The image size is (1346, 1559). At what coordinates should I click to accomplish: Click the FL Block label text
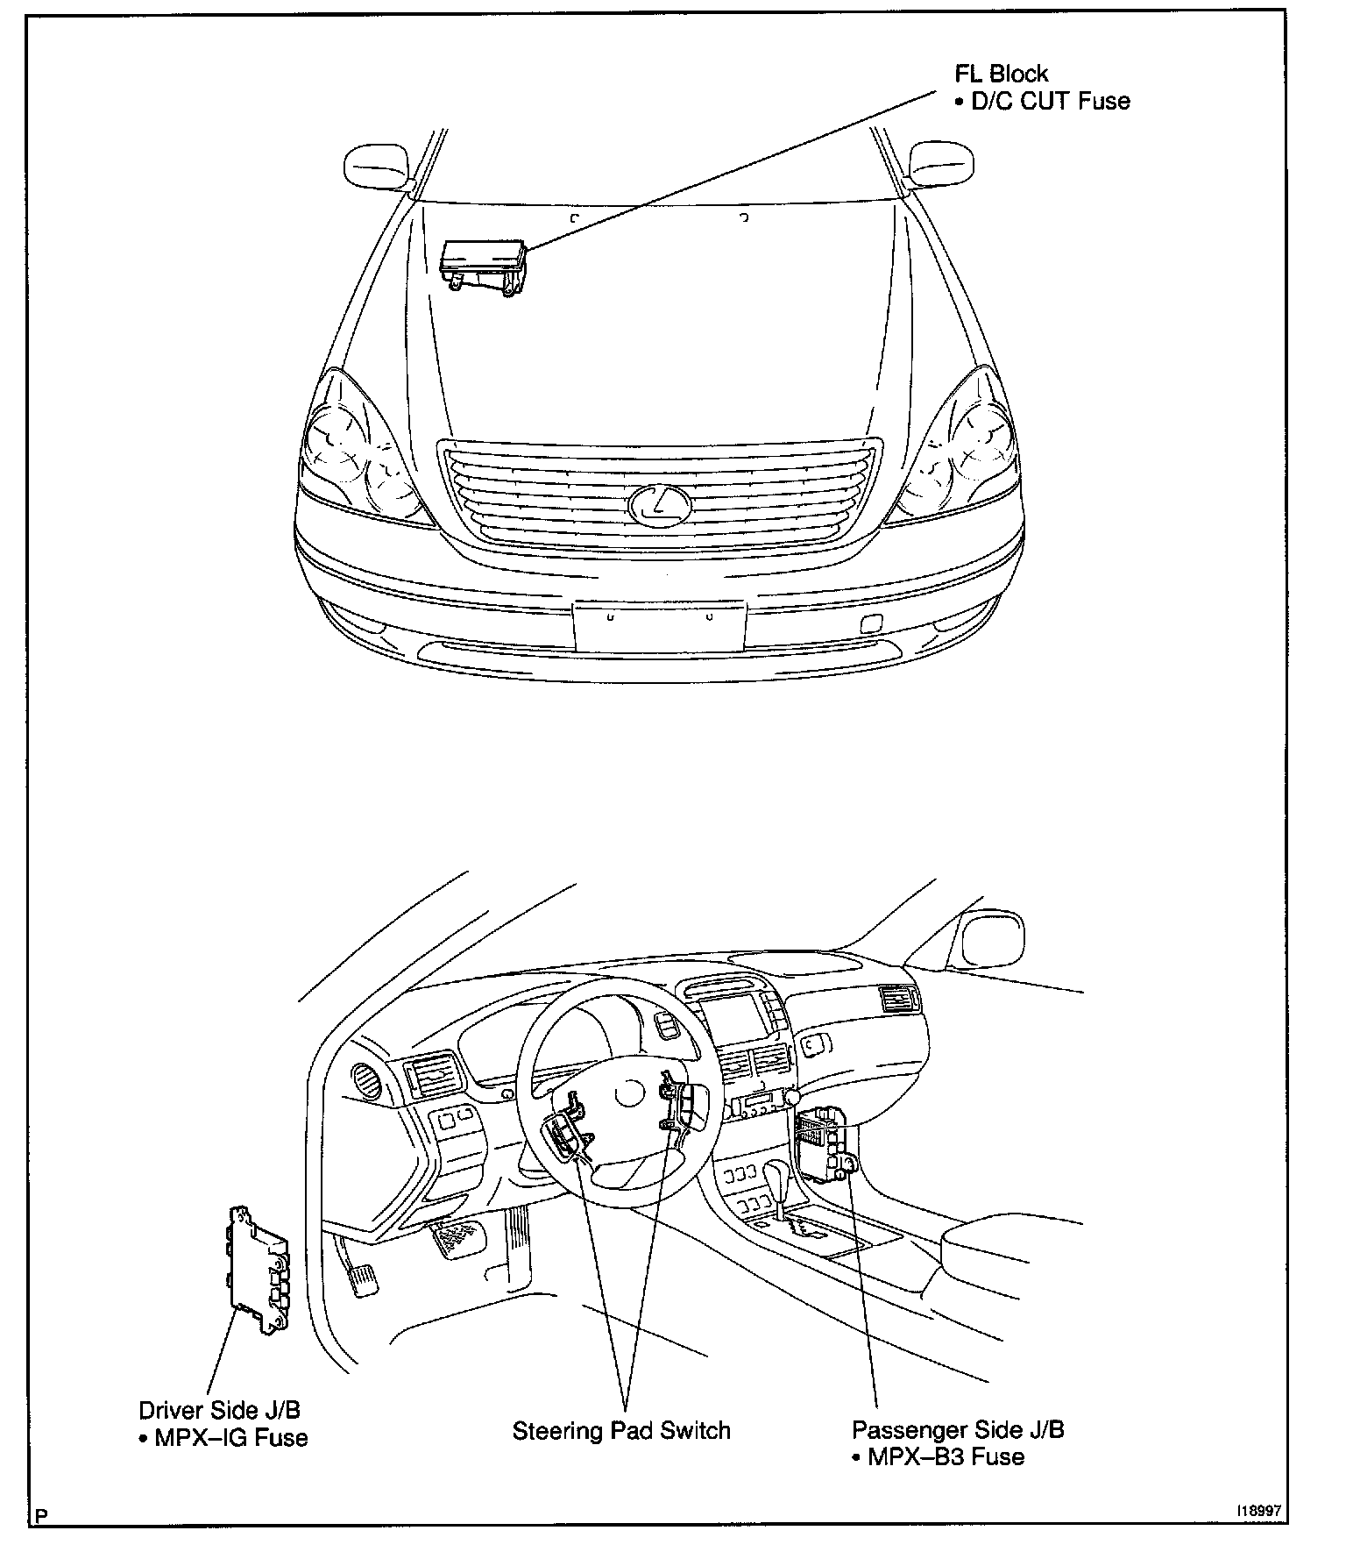pyautogui.click(x=1001, y=75)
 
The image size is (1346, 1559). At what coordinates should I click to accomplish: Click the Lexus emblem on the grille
pyautogui.click(x=659, y=505)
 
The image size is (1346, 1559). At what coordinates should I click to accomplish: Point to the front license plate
pyautogui.click(x=659, y=625)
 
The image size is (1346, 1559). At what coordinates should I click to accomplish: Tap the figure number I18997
pyautogui.click(x=1259, y=1512)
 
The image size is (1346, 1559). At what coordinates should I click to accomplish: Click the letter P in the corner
pyautogui.click(x=41, y=1515)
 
